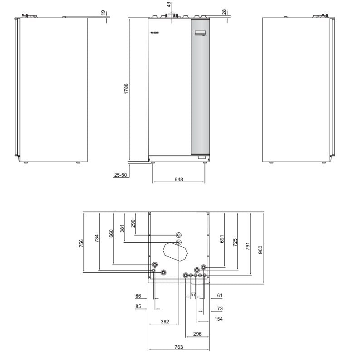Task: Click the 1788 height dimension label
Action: tap(126, 89)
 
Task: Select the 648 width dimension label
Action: tap(179, 179)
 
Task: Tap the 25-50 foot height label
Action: tap(121, 175)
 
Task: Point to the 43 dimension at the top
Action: tap(169, 5)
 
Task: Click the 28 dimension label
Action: tap(224, 12)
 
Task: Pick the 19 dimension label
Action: tap(103, 12)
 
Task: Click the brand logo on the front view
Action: tap(155, 33)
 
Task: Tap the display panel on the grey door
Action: tap(201, 33)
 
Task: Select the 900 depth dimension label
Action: tap(260, 250)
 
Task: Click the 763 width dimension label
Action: tap(179, 347)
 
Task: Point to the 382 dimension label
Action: tap(165, 322)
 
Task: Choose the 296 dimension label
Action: tap(197, 334)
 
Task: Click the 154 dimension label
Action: tap(219, 319)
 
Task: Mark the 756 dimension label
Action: tap(81, 243)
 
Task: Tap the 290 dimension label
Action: tap(133, 224)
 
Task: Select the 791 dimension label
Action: tap(248, 246)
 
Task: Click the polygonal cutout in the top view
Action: tap(175, 252)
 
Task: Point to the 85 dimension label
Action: tap(138, 306)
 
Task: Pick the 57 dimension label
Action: tap(193, 294)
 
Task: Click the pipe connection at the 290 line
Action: tap(179, 235)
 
